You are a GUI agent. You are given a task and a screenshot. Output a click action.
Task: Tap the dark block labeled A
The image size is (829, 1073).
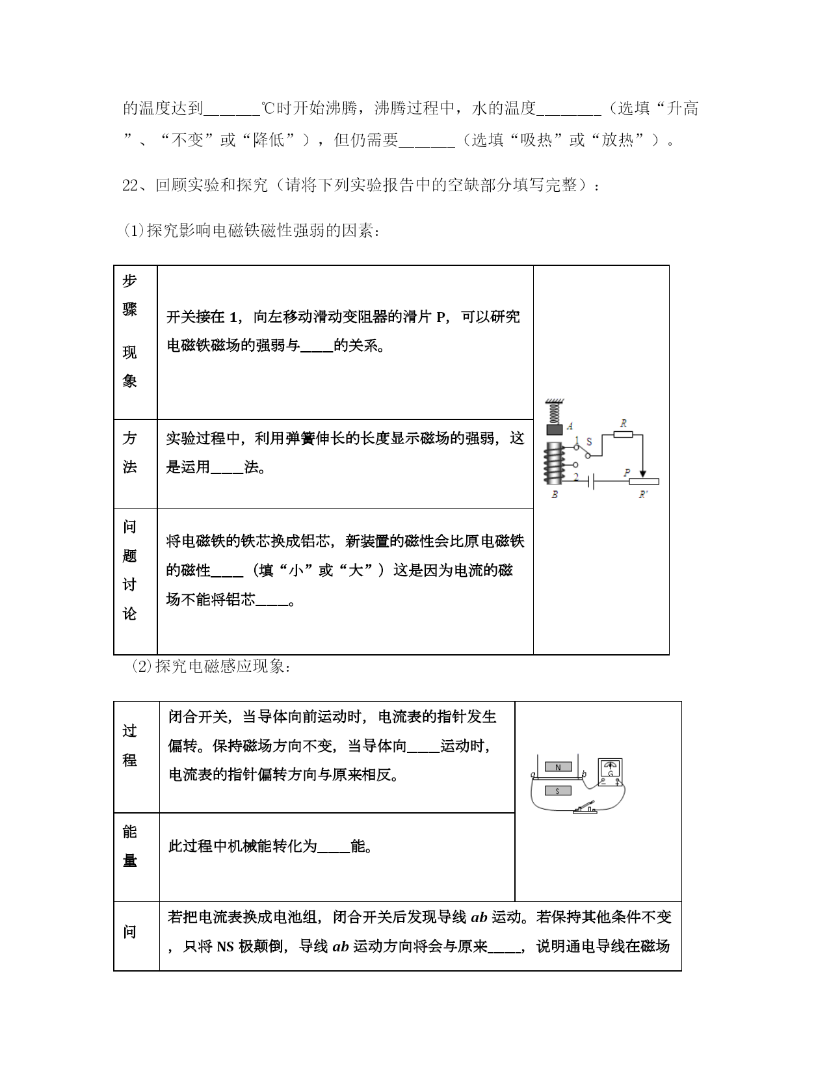point(555,429)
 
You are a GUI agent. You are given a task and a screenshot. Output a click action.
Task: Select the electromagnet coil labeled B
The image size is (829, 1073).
point(554,462)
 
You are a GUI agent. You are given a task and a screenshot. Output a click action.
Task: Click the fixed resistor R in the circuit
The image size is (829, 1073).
point(624,434)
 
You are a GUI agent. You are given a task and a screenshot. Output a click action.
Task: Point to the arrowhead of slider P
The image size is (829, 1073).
point(643,474)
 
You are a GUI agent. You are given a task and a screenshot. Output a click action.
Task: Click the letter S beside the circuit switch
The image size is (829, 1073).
point(589,442)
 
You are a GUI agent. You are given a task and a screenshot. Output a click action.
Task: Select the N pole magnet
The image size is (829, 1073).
point(558,767)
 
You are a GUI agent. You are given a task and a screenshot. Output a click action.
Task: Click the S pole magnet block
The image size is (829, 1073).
point(558,791)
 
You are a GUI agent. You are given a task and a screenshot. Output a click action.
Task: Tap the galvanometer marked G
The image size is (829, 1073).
point(610,772)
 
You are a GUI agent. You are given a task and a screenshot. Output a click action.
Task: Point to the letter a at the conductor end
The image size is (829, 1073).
point(533,775)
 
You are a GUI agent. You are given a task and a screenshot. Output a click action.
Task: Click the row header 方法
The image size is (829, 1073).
point(130,453)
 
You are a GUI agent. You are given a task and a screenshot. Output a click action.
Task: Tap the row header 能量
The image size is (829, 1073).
point(130,846)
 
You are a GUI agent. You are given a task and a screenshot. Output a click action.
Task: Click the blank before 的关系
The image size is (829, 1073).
point(316,346)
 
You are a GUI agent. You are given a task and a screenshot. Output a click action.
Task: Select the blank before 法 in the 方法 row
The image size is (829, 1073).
point(227,468)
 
